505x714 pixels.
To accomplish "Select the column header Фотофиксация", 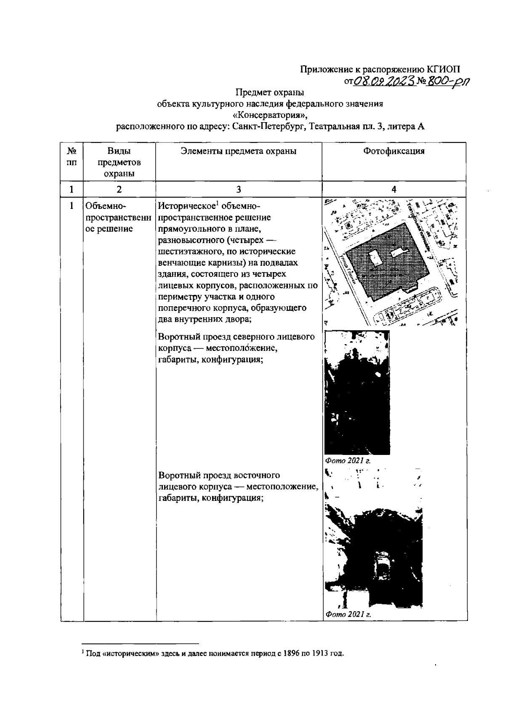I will point(393,151).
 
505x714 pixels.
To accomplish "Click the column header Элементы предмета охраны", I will point(239,151).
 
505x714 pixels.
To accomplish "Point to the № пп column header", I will point(72,156).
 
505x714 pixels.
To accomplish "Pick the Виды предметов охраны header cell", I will point(119,162).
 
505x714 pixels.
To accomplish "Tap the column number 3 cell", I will point(239,190).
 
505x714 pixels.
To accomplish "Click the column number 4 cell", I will point(394,190).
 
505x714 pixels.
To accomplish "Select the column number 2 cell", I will point(119,190).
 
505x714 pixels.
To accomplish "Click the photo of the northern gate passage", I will point(357,393).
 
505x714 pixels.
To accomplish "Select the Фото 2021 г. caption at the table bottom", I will point(347,615).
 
